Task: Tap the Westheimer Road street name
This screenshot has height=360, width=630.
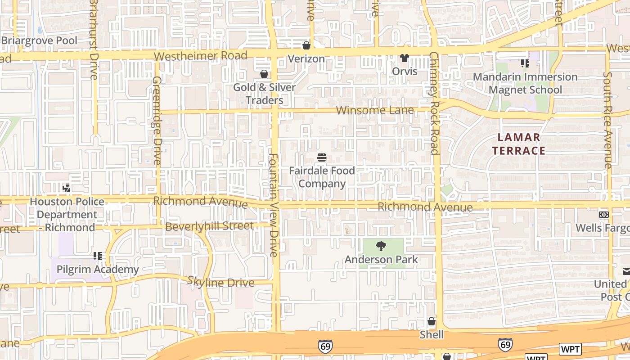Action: [x=200, y=56]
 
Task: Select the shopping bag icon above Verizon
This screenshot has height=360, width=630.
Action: [x=306, y=45]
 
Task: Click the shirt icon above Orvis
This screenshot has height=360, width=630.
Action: [x=405, y=58]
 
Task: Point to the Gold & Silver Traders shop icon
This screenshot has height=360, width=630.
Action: [x=264, y=74]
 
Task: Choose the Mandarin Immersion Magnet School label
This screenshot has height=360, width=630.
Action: [x=525, y=83]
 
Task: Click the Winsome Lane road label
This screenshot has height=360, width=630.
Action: [x=369, y=110]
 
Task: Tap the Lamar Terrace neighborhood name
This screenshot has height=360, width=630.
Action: [x=518, y=144]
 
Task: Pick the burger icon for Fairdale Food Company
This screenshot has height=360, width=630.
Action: [x=322, y=157]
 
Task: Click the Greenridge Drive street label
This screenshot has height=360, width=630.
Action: [x=157, y=120]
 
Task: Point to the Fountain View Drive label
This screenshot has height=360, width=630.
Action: [x=273, y=205]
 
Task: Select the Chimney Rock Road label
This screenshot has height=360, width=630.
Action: [x=434, y=103]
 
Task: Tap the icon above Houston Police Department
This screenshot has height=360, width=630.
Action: [x=67, y=188]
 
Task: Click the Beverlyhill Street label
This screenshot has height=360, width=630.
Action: [x=209, y=226]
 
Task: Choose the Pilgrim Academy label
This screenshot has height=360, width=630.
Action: [x=98, y=270]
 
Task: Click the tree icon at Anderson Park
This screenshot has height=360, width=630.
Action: [x=381, y=246]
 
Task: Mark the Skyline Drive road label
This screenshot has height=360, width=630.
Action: [x=221, y=283]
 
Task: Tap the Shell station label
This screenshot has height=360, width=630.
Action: [x=432, y=335]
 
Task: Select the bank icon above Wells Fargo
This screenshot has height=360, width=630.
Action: [x=603, y=215]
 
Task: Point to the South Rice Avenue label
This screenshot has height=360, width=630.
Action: [x=608, y=120]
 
